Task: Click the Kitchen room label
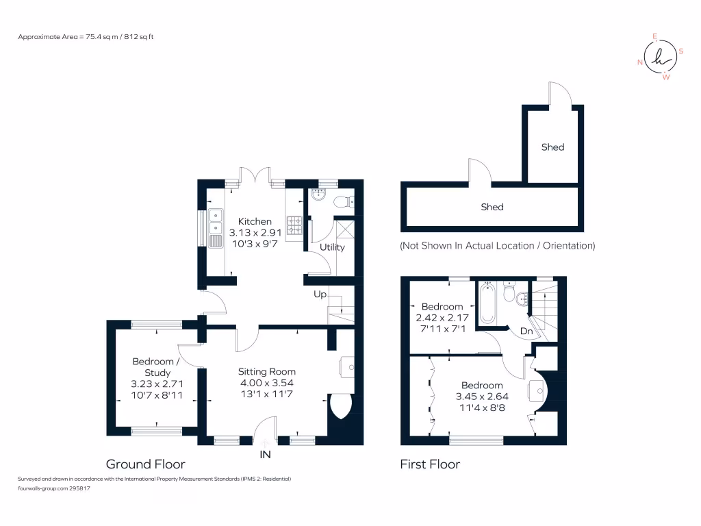coord(255,221)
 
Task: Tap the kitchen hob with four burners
coord(294,225)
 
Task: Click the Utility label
coord(332,247)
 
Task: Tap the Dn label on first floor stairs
coord(526,331)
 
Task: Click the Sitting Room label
coord(267,371)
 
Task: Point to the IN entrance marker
coord(265,454)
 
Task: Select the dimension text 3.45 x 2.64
coord(482,396)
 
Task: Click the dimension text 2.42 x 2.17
coord(442,318)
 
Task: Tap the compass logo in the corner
coord(660,58)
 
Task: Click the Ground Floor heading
coord(145,464)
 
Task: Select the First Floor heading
coord(430,464)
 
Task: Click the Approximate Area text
coord(86,36)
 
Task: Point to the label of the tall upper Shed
coord(552,147)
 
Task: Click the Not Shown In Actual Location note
coord(498,245)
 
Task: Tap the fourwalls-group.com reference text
coord(54,488)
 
